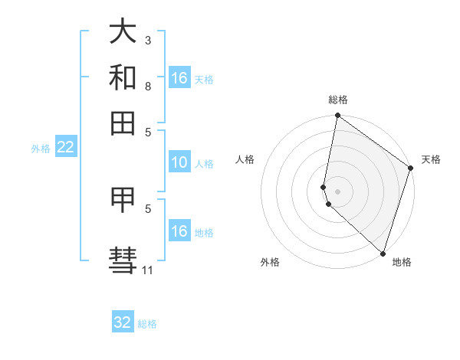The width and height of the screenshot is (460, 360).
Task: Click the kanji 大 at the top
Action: (123, 33)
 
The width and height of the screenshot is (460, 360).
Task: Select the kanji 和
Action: (123, 77)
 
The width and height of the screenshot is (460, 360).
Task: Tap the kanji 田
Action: (123, 122)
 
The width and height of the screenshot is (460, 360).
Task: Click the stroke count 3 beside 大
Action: (148, 40)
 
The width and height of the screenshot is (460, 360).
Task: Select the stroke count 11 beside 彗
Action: (148, 270)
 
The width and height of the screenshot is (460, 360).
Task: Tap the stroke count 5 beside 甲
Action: (148, 208)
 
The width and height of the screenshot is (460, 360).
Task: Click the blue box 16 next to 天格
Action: (179, 78)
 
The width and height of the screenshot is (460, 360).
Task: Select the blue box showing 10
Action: (179, 162)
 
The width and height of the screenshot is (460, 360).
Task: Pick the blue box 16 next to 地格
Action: (179, 231)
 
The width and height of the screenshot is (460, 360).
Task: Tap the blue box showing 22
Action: (65, 148)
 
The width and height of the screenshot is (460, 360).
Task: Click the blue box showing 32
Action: (123, 322)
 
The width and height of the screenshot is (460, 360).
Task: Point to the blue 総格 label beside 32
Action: (147, 324)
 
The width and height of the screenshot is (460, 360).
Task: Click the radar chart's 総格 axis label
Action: (338, 100)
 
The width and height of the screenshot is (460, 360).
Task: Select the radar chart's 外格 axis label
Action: (270, 262)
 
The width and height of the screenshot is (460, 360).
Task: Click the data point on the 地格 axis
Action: (383, 253)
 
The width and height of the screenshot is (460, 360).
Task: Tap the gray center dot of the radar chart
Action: (338, 191)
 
